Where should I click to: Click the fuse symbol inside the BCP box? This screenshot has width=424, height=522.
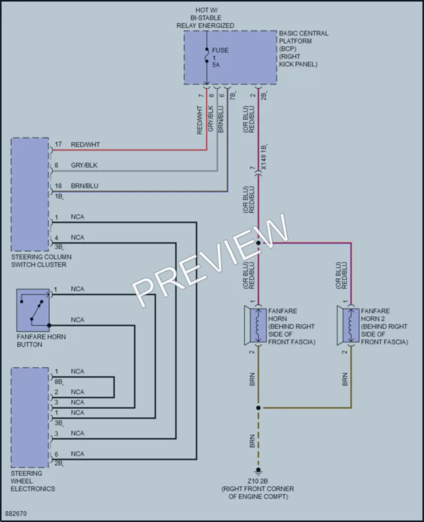207,55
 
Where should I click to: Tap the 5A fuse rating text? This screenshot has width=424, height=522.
216,64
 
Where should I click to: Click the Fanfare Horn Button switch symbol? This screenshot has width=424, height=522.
33,310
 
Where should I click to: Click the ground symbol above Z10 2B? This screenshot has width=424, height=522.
258,471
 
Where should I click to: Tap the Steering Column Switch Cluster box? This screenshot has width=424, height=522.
29,194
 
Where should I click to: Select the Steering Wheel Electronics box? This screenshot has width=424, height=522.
29,417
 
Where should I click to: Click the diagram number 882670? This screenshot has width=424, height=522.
16,513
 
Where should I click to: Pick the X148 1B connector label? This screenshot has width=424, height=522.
263,157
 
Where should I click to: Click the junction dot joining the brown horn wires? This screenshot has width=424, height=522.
258,408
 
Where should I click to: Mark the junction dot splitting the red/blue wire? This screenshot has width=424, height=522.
258,243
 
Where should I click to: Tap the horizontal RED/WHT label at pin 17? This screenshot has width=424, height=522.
85,144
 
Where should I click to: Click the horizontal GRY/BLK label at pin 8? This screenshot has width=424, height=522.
84,165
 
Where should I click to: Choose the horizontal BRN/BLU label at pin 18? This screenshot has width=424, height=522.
84,186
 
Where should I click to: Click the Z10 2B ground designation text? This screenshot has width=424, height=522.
258,481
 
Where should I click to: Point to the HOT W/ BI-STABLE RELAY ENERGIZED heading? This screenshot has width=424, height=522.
206,18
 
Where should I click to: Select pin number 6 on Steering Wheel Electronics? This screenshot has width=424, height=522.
56,454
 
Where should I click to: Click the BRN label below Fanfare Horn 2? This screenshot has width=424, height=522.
345,379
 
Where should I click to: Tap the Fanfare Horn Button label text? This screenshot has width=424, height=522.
41,341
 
